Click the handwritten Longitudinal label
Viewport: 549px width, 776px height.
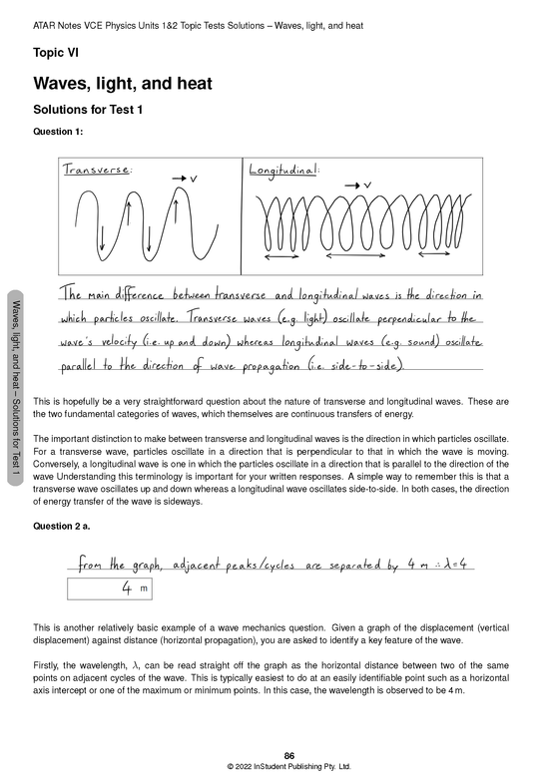coord(283,170)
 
